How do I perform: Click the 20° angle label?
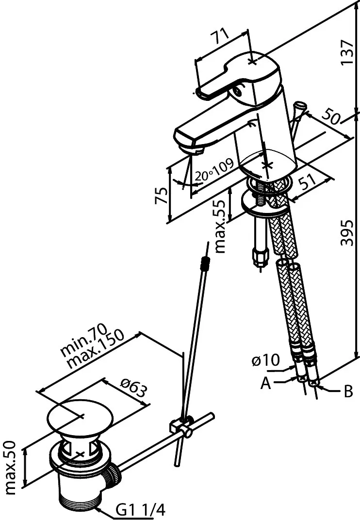(x=203, y=177)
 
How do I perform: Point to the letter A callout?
(x=265, y=384)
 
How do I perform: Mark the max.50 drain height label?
(x=11, y=467)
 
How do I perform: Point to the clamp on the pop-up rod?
(x=181, y=426)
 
